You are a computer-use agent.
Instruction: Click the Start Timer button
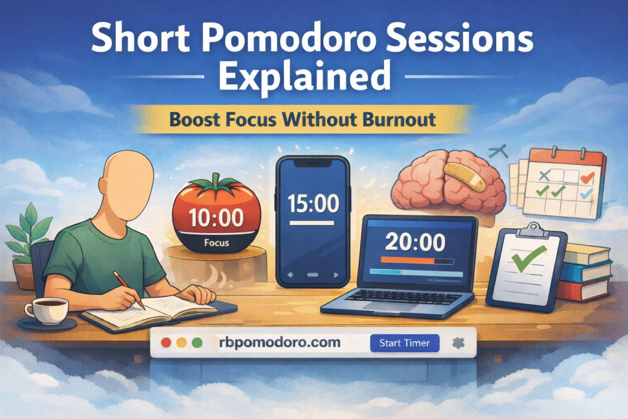[x=405, y=343]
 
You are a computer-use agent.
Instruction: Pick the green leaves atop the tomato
[x=214, y=183]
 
